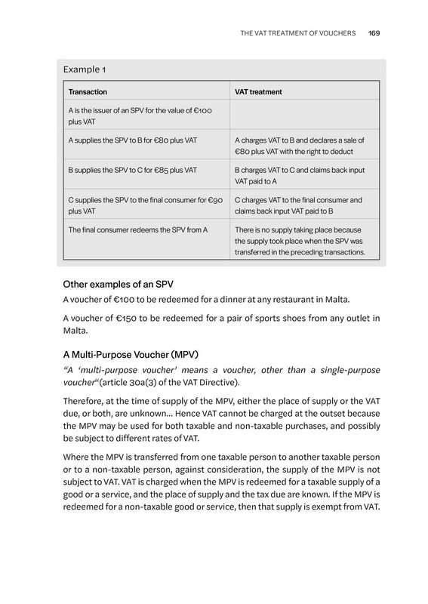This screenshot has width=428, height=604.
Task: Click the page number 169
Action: coord(374,33)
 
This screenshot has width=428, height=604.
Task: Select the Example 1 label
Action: coord(84,69)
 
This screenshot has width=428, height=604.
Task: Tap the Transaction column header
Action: coord(88,92)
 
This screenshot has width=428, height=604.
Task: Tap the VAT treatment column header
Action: coord(258,92)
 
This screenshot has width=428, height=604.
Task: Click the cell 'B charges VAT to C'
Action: coord(298,176)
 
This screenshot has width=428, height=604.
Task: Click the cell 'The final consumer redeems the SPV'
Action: coord(138,230)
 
